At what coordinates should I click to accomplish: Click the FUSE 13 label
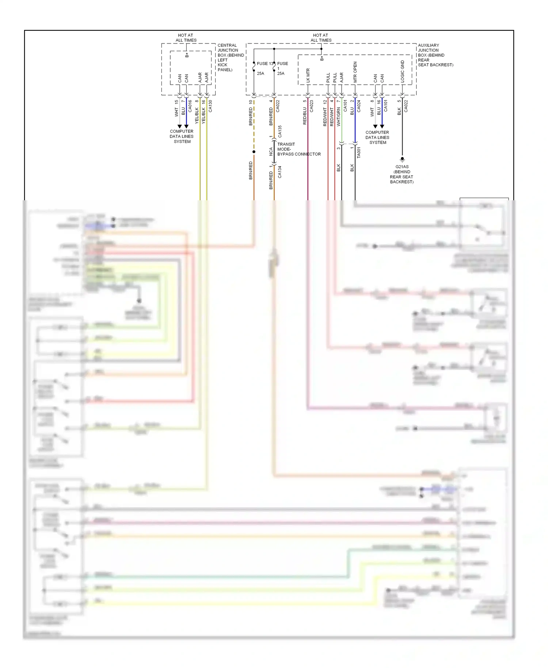(265, 64)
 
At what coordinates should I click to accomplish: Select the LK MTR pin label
(308, 75)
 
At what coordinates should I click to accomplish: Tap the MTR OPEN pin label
(355, 72)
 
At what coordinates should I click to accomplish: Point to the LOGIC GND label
(402, 71)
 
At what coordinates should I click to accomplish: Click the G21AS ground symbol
(402, 159)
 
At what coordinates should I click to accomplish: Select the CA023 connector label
(312, 106)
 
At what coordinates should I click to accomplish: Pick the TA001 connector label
(358, 152)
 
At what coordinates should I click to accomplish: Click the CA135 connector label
(280, 131)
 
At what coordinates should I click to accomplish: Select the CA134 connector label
(280, 172)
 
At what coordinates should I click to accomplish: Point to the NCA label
(271, 152)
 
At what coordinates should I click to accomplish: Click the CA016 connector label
(190, 106)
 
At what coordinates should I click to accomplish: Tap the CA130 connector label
(210, 106)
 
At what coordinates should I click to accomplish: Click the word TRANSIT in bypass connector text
(286, 144)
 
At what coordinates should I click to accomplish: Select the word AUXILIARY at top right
(429, 45)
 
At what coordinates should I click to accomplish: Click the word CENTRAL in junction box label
(227, 45)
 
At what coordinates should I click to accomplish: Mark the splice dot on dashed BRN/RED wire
(254, 152)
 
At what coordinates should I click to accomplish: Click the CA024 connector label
(359, 106)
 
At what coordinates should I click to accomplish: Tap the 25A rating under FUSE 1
(281, 73)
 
